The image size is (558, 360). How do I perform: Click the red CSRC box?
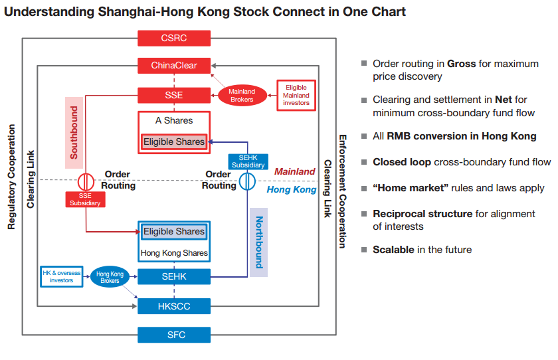click(174, 38)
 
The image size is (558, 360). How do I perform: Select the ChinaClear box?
click(174, 66)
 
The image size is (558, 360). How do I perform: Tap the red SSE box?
click(174, 95)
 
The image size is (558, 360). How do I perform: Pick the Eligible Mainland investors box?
click(296, 96)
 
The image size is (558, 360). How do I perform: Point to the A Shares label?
click(174, 121)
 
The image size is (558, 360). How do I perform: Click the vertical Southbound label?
click(74, 132)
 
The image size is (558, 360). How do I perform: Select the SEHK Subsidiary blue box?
click(247, 161)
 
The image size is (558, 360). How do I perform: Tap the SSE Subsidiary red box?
click(84, 199)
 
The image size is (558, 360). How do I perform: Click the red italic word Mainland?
click(294, 171)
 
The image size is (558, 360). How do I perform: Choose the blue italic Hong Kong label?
click(292, 190)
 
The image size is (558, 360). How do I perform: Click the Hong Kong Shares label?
click(174, 253)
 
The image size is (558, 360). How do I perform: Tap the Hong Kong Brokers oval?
click(110, 277)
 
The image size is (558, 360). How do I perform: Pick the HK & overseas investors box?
click(60, 276)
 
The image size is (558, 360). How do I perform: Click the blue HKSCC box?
click(174, 306)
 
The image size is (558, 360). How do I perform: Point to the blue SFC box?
click(174, 334)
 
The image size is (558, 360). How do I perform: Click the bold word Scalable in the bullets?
click(393, 250)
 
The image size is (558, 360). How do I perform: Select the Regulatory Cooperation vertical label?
click(11, 177)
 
